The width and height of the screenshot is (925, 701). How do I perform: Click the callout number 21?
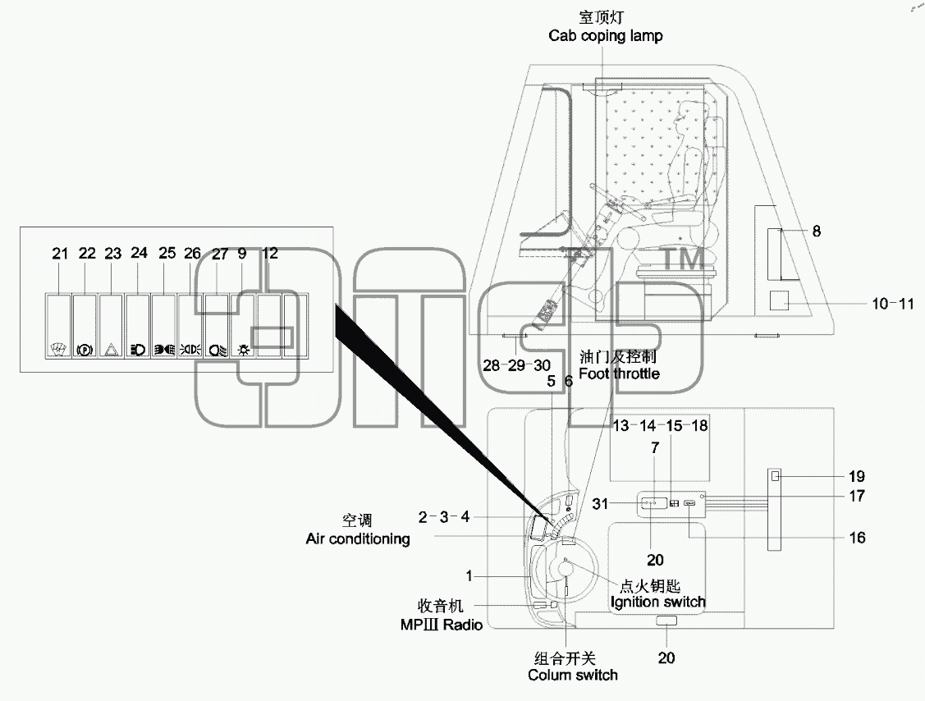[x=60, y=254]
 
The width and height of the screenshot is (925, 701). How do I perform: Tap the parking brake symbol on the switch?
[x=85, y=350]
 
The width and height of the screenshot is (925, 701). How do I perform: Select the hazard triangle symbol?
[x=111, y=350]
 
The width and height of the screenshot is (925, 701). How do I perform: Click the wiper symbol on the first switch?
[x=57, y=350]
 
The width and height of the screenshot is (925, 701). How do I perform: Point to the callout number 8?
[x=817, y=231]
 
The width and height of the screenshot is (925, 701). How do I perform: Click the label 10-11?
[x=892, y=304]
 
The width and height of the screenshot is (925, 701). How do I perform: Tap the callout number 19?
[x=857, y=476]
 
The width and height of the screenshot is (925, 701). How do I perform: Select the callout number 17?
[x=857, y=496]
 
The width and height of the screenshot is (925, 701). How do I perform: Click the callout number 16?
[x=857, y=538]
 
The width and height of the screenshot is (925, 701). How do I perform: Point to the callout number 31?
[x=600, y=504]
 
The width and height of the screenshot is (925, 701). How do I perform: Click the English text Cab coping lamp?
[x=605, y=36]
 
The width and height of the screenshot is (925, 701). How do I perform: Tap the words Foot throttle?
[x=619, y=373]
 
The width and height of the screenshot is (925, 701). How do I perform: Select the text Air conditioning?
[x=358, y=538]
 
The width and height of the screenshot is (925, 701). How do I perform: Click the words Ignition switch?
[x=657, y=602]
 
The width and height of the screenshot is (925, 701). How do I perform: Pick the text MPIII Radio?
[x=442, y=625]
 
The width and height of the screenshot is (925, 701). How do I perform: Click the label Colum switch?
[x=573, y=675]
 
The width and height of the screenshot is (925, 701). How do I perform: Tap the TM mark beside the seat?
[x=685, y=259]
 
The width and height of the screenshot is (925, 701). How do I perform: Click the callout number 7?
[x=655, y=448]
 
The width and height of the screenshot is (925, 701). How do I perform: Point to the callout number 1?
[x=469, y=576]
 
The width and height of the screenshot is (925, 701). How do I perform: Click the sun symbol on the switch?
[x=244, y=350]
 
